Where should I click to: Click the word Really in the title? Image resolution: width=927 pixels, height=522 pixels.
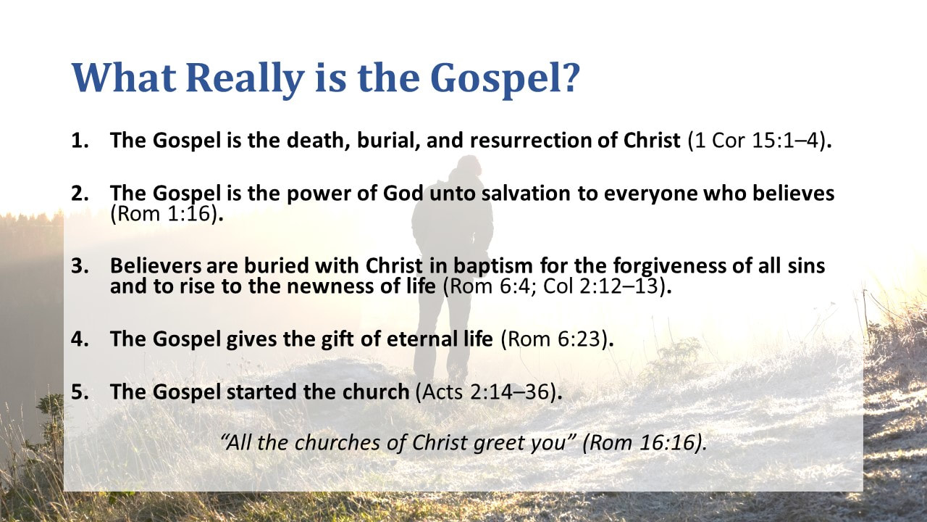pos(240,79)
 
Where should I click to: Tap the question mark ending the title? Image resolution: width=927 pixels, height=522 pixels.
pos(567,79)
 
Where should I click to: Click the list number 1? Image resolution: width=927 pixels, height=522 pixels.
pos(79,140)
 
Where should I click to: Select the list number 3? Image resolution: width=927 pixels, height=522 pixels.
pos(79,265)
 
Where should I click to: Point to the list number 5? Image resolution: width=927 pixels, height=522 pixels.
pos(79,391)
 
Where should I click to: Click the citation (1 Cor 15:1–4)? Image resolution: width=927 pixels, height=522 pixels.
pos(756,140)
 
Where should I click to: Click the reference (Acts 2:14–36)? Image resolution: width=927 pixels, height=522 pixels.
pos(487,391)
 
